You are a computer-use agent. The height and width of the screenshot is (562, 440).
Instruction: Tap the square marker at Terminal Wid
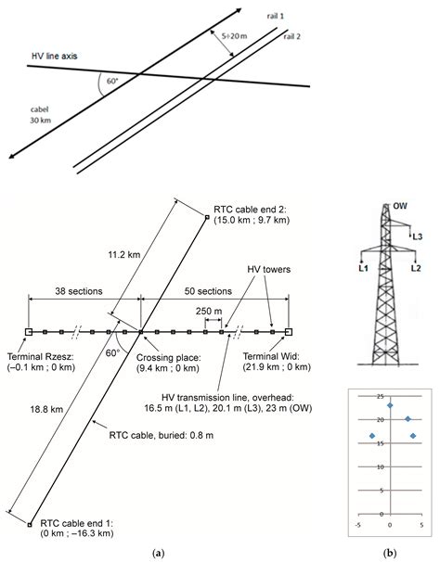tap(289, 331)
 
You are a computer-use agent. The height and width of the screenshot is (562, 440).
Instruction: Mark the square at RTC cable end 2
tap(206, 216)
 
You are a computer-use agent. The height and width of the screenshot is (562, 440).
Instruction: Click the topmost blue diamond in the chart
tap(390, 406)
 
